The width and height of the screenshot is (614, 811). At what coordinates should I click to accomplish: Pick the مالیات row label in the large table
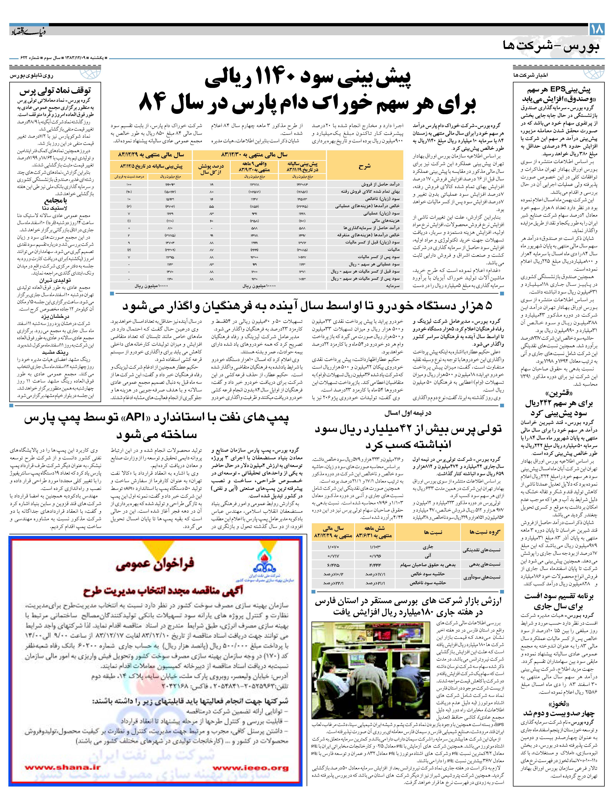coord(392,249)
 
